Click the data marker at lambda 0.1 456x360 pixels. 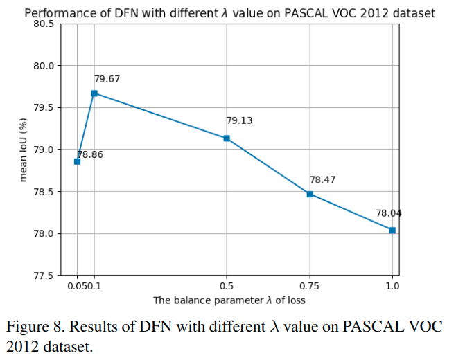(94, 93)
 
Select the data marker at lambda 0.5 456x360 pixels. (227, 138)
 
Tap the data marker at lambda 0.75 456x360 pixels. (310, 194)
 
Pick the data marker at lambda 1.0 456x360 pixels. (392, 230)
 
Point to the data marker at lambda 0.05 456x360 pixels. (78, 161)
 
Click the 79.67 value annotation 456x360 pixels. (107, 79)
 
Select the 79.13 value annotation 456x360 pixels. (239, 120)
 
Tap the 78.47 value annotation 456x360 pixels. (322, 180)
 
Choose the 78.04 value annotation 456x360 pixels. (389, 213)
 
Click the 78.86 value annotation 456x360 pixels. (90, 154)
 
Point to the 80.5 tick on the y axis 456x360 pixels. (44, 24)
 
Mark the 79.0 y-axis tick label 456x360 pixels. (44, 150)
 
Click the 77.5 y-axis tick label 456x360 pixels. (44, 276)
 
